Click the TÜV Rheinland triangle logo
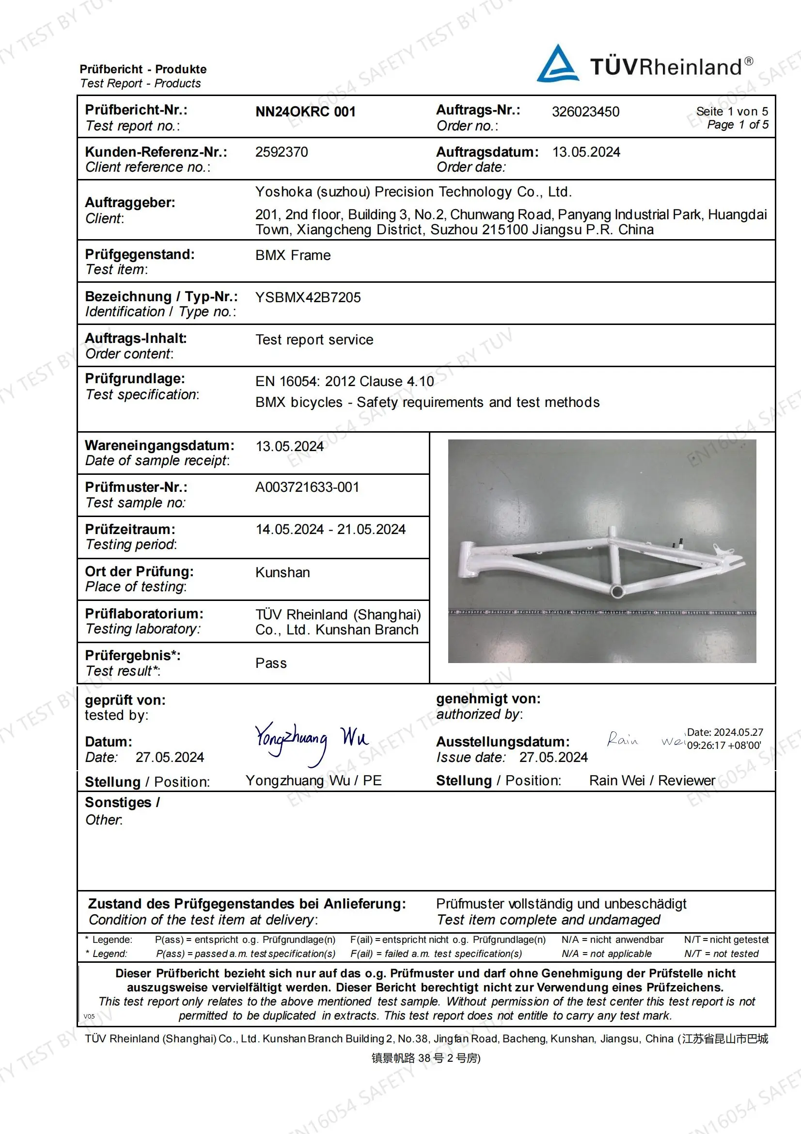pos(558,64)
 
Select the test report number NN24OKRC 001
pos(305,112)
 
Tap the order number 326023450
pos(585,112)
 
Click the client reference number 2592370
pos(282,152)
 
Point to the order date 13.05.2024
pos(586,152)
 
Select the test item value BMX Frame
pos(293,255)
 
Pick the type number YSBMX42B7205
pos(308,297)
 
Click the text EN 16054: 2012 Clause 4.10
pos(345,381)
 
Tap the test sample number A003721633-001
pos(307,487)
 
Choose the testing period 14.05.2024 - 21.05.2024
pos(330,530)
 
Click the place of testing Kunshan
pos(283,572)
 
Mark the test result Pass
pos(271,664)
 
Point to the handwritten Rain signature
pos(622,739)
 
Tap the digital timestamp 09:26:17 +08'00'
pos(724,745)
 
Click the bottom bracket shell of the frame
pos(616,591)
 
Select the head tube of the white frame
pos(466,559)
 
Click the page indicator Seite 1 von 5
pos(732,112)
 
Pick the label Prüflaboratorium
pos(143,614)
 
